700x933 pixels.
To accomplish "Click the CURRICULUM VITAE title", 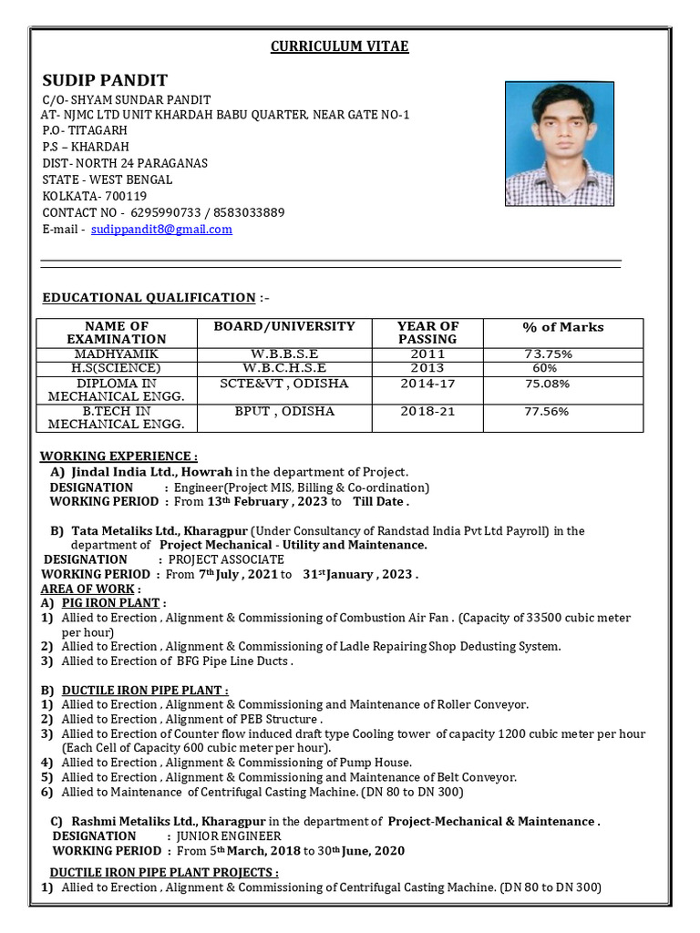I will coord(339,46).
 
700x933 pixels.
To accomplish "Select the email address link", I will coord(161,229).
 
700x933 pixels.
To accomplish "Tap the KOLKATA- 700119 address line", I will coord(95,196).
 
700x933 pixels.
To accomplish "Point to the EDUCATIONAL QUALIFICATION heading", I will coord(149,297).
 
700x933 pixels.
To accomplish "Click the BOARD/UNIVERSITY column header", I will coord(284,326).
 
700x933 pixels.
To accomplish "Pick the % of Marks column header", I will coord(562,327).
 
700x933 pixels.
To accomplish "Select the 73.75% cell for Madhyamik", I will coord(548,354).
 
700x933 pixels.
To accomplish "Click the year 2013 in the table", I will coord(427,367).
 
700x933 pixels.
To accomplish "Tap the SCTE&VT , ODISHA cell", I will coord(284,384).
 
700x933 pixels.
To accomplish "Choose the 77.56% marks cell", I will coord(547,412).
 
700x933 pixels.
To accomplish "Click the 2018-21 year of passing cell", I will coord(427,411).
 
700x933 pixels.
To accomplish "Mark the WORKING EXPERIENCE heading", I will coord(118,456).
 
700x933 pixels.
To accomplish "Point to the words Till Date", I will coord(380,501).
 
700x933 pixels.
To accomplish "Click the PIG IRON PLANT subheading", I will coord(113,602).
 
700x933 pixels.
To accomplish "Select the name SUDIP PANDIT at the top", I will coord(105,79).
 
